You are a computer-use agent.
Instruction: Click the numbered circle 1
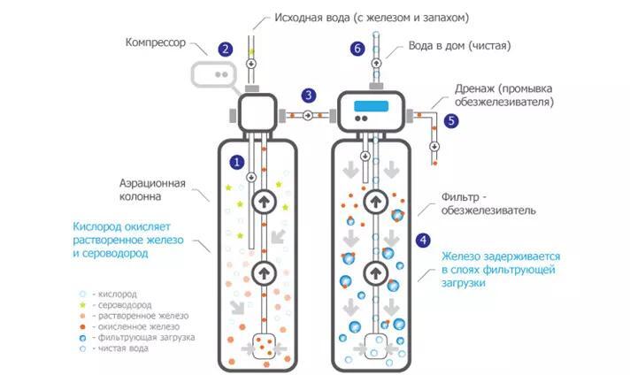pyautogui.click(x=237, y=162)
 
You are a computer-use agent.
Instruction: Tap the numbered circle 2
pyautogui.click(x=226, y=49)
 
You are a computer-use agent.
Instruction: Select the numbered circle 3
pyautogui.click(x=309, y=96)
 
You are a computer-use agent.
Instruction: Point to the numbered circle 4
pyautogui.click(x=423, y=241)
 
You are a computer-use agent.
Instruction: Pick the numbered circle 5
pyautogui.click(x=451, y=121)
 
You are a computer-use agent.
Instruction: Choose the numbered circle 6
pyautogui.click(x=357, y=49)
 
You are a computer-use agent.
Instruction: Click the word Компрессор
pyautogui.click(x=156, y=42)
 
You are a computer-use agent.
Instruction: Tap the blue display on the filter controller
pyautogui.click(x=371, y=106)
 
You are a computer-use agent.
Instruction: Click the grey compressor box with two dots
pyautogui.click(x=214, y=74)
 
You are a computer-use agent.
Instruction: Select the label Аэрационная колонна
pyautogui.click(x=152, y=190)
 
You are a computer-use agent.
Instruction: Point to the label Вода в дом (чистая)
pyautogui.click(x=459, y=46)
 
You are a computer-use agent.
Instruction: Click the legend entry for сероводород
pyautogui.click(x=116, y=305)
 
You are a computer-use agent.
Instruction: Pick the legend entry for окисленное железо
pyautogui.click(x=130, y=327)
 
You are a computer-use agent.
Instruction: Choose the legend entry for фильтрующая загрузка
pyautogui.click(x=137, y=338)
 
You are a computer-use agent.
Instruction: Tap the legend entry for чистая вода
pyautogui.click(x=114, y=348)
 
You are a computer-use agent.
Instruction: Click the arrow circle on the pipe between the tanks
pyautogui.click(x=308, y=116)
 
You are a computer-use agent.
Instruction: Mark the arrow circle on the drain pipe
pyautogui.click(x=434, y=147)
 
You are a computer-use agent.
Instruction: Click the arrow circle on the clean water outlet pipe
pyautogui.click(x=376, y=63)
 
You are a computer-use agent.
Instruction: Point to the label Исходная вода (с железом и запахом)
pyautogui.click(x=372, y=18)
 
